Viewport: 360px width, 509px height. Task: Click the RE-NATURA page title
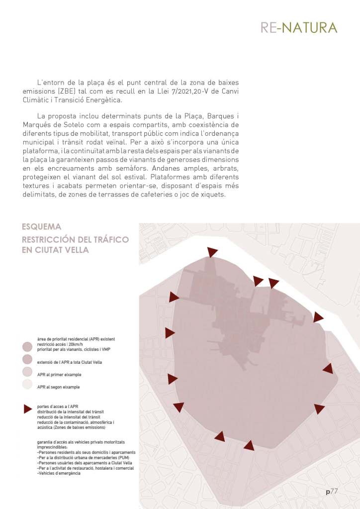[299, 27]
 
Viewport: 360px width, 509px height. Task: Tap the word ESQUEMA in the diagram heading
[42, 227]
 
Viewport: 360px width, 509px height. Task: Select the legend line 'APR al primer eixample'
[59, 374]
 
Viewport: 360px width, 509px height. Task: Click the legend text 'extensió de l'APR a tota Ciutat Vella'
[69, 362]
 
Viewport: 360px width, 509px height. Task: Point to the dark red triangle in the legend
[28, 409]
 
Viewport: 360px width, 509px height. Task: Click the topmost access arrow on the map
[212, 252]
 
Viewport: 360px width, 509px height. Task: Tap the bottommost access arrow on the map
[249, 445]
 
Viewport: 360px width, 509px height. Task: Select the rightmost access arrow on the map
[328, 369]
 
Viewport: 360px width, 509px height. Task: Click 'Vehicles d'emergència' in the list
[59, 473]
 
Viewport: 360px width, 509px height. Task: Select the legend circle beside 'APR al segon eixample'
[28, 384]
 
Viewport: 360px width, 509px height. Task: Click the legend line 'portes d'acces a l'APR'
[60, 407]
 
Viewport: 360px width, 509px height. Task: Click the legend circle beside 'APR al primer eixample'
[28, 372]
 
